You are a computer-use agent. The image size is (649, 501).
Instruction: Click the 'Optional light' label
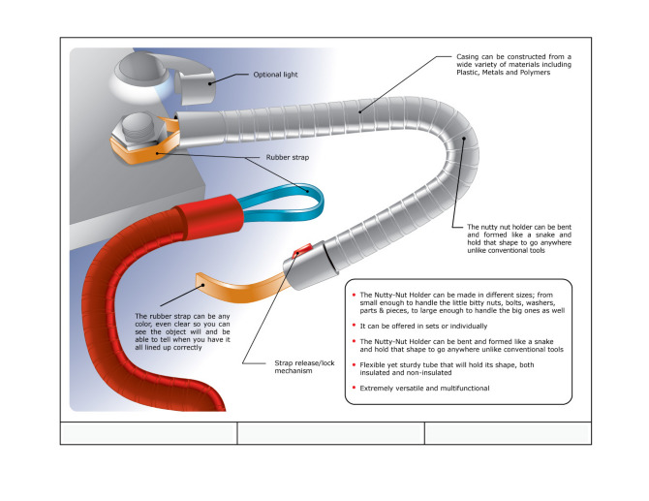coord(275,75)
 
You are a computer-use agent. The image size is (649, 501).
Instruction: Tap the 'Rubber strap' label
coord(288,157)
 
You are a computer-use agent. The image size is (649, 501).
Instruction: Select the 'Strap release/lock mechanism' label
coord(304,367)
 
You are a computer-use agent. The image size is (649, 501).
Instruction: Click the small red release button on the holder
coord(302,250)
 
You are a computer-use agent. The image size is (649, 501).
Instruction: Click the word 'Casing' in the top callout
coord(467,57)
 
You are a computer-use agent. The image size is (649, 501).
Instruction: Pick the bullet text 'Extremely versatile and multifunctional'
coord(424,389)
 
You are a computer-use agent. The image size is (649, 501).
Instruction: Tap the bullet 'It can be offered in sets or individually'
coord(423,327)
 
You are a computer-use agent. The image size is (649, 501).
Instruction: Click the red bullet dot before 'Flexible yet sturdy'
coord(354,364)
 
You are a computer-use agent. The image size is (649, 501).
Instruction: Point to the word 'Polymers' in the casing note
coord(537,73)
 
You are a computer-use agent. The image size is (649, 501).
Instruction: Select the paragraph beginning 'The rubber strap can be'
coord(182,331)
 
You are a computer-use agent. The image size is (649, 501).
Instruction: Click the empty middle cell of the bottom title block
coord(330,433)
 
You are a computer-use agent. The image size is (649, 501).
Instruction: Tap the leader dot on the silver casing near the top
coord(360,111)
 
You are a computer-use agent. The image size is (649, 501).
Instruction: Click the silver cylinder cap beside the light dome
coord(195,87)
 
